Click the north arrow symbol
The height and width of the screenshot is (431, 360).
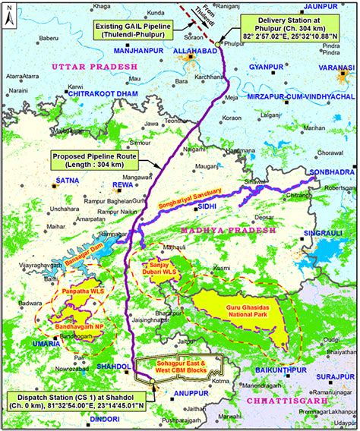9,14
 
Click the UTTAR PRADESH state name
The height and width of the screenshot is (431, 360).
94,68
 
